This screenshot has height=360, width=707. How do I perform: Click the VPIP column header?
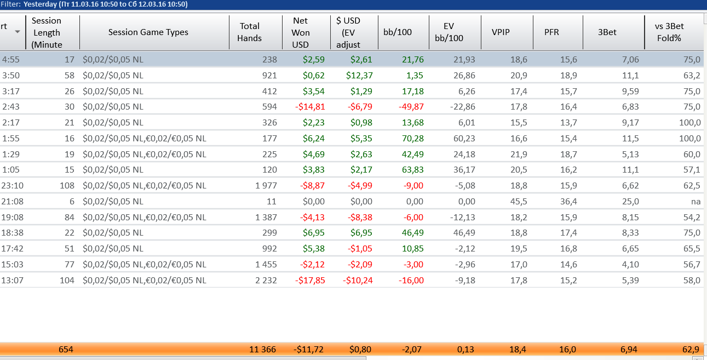tap(501, 32)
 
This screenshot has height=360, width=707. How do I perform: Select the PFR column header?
tap(551, 32)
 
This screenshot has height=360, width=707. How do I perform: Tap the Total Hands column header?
tap(249, 32)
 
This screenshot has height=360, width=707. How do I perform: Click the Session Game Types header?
tap(148, 32)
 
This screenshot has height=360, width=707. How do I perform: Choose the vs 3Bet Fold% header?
tap(669, 32)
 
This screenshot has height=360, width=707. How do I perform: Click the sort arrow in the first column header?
tap(18, 32)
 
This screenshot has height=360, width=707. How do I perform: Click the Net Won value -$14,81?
tap(310, 107)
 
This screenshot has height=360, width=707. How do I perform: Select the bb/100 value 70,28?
tap(412, 139)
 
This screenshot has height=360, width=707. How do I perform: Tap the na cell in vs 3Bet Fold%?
tap(695, 202)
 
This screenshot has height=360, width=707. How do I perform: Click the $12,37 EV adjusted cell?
tap(359, 75)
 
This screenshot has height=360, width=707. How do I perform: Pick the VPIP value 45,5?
tap(518, 202)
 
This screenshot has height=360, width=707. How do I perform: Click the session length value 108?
tap(66, 186)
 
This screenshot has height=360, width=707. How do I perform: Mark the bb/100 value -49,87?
tap(410, 107)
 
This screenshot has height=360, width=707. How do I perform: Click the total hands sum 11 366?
tap(262, 349)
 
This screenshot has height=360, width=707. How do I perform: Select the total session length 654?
tap(66, 349)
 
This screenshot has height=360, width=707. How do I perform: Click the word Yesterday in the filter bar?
tap(41, 4)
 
